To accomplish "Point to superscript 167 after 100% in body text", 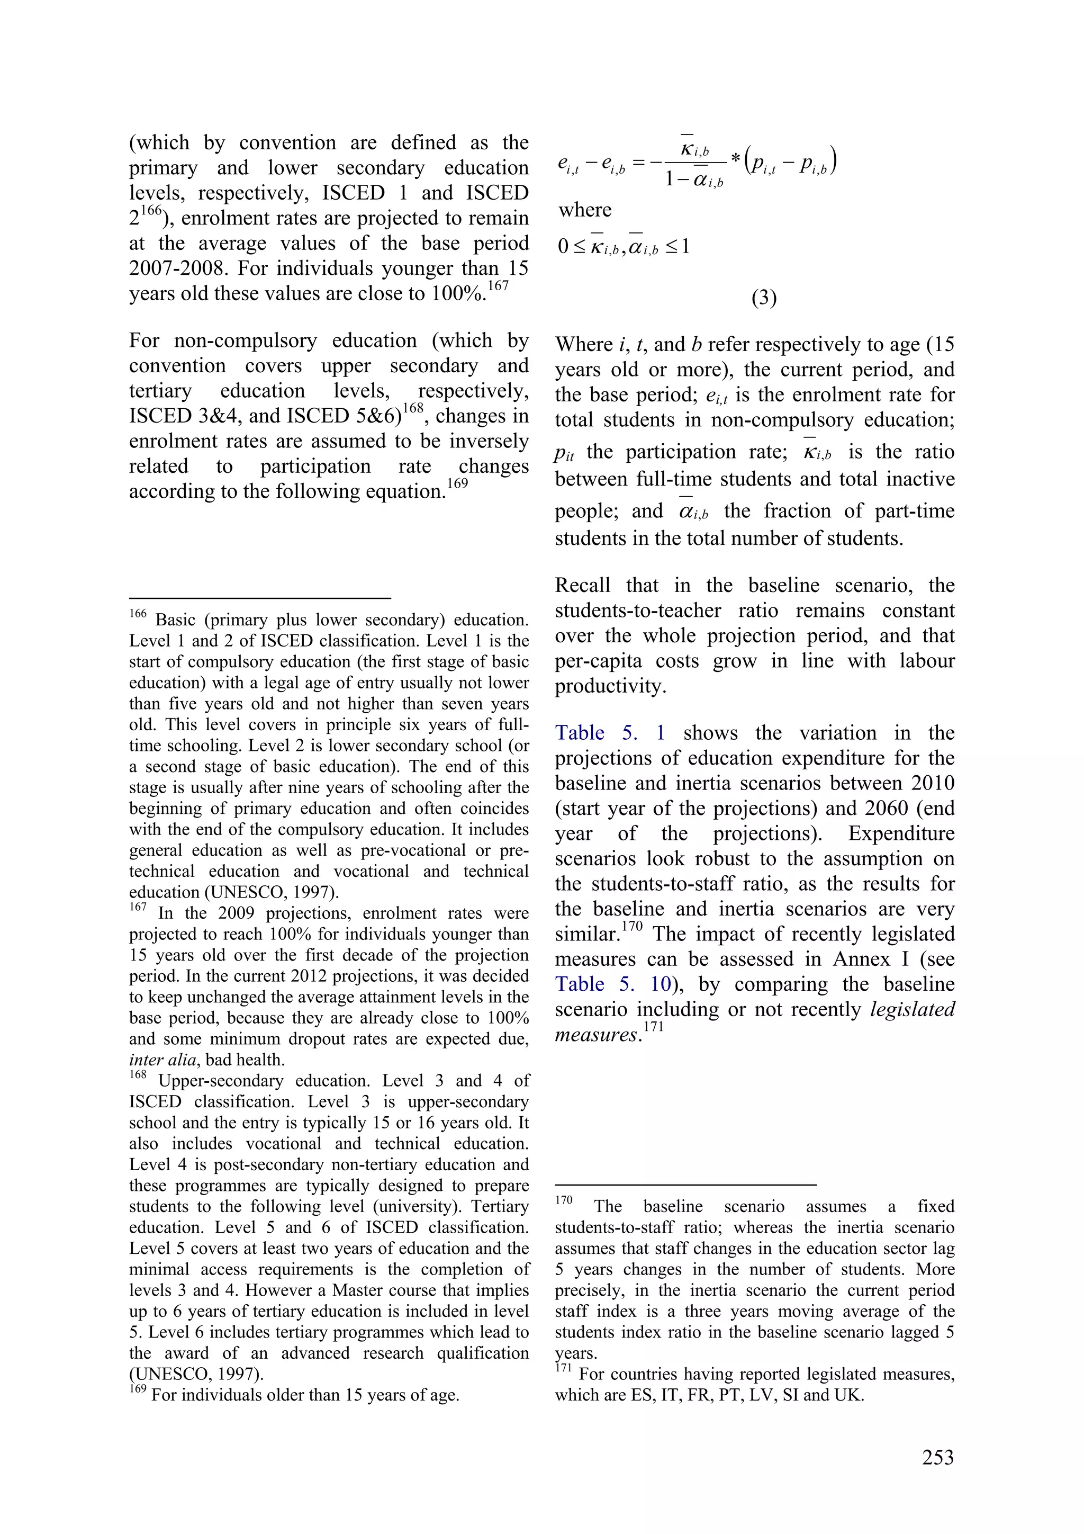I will [498, 286].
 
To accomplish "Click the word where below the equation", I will [585, 210].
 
